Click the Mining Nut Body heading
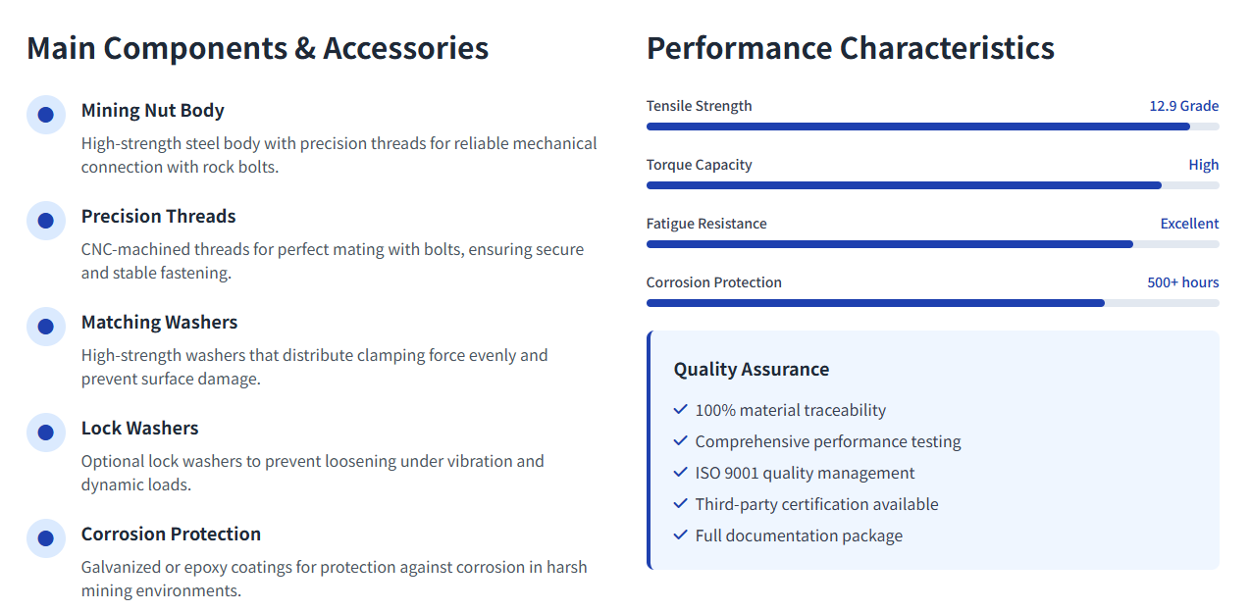(x=152, y=111)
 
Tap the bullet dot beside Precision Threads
(x=46, y=221)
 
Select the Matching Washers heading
(x=159, y=322)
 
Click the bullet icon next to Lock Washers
(x=46, y=433)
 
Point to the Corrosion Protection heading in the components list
(x=171, y=534)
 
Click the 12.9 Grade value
(x=1183, y=106)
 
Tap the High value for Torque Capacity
(x=1204, y=165)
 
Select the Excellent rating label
(x=1189, y=224)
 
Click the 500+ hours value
(x=1182, y=282)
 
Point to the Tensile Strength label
(x=699, y=106)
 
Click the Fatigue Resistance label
(x=706, y=224)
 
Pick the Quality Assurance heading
(x=752, y=370)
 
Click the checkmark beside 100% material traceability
(x=680, y=410)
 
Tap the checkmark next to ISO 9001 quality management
(x=680, y=473)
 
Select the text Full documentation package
(x=799, y=535)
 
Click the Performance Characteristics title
(x=851, y=48)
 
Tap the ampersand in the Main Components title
(x=305, y=48)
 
